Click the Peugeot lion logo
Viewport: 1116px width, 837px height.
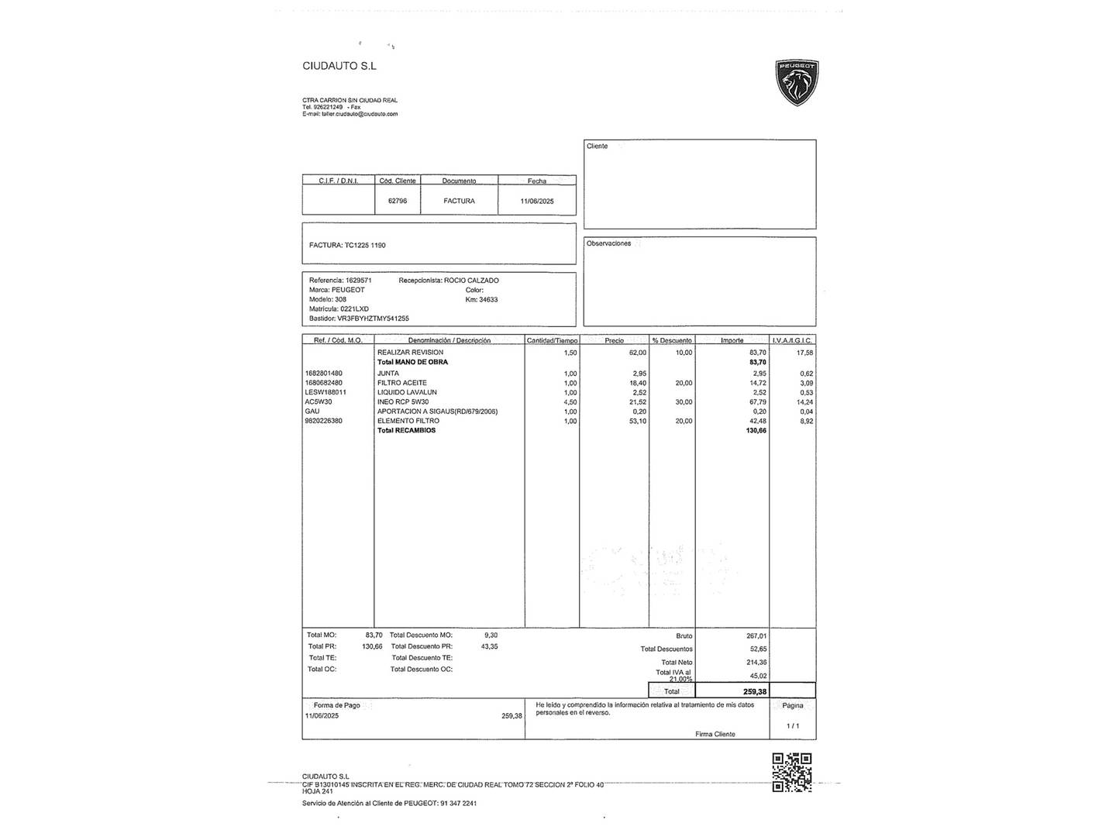tap(797, 82)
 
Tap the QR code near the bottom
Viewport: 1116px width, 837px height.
tap(791, 772)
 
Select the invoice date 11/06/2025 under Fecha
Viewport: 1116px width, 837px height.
tap(537, 201)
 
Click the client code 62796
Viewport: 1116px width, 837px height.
tap(397, 201)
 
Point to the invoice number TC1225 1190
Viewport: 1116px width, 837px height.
tap(365, 245)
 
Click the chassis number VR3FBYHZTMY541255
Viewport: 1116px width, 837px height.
tap(373, 319)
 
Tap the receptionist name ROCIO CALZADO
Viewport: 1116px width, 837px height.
tap(471, 281)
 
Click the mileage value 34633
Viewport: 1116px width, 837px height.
tap(488, 299)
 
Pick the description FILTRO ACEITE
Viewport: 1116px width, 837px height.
tap(401, 383)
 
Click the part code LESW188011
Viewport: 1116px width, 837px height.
tap(325, 392)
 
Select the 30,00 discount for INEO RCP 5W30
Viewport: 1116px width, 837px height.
tap(683, 402)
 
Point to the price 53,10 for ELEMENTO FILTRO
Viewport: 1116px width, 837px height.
tap(637, 421)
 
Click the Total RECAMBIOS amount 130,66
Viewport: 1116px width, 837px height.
tap(756, 430)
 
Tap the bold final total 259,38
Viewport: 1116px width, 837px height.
tap(754, 691)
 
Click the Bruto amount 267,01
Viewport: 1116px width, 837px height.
tap(756, 636)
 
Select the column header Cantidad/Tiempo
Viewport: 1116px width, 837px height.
tap(552, 340)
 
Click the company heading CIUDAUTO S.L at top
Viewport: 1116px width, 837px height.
tap(339, 66)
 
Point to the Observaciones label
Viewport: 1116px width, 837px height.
tap(608, 243)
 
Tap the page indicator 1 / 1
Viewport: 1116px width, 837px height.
tap(792, 725)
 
